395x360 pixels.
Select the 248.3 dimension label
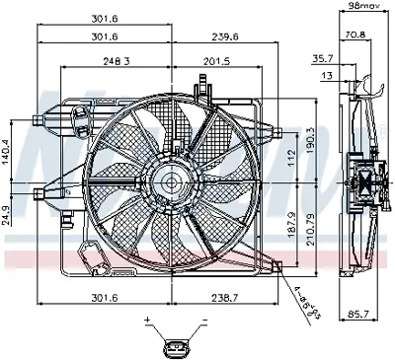[x=117, y=62]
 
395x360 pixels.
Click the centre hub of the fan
[x=171, y=183]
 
